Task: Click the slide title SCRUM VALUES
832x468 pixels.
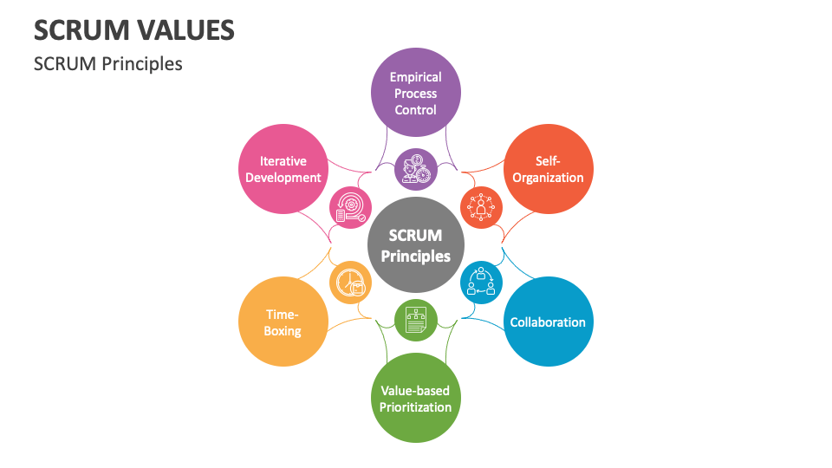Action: pos(134,30)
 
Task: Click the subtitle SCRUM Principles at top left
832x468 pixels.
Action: pos(107,63)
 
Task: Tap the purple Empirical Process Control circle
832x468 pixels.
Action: pos(415,93)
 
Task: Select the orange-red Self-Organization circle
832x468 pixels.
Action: pos(548,169)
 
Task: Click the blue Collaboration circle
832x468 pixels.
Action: pos(548,322)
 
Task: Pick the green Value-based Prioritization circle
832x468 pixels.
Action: pos(415,398)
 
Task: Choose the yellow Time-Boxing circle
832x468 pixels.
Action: pos(283,322)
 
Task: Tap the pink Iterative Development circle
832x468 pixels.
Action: pos(283,169)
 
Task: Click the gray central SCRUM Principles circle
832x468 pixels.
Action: pos(415,245)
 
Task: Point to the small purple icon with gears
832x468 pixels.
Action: pos(415,169)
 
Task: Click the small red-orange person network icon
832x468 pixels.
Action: pos(481,207)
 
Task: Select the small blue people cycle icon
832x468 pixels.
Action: pos(481,283)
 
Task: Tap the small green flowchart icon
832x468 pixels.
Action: pos(415,321)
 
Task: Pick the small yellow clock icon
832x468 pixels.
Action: pos(350,283)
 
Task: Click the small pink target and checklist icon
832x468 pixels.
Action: pos(350,208)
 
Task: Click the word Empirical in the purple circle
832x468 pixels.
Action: pos(415,76)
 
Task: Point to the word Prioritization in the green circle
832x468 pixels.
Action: pos(415,406)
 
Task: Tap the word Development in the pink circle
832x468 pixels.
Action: pos(283,178)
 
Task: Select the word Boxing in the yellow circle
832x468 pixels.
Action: pos(283,331)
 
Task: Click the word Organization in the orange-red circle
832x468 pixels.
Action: pos(548,178)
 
